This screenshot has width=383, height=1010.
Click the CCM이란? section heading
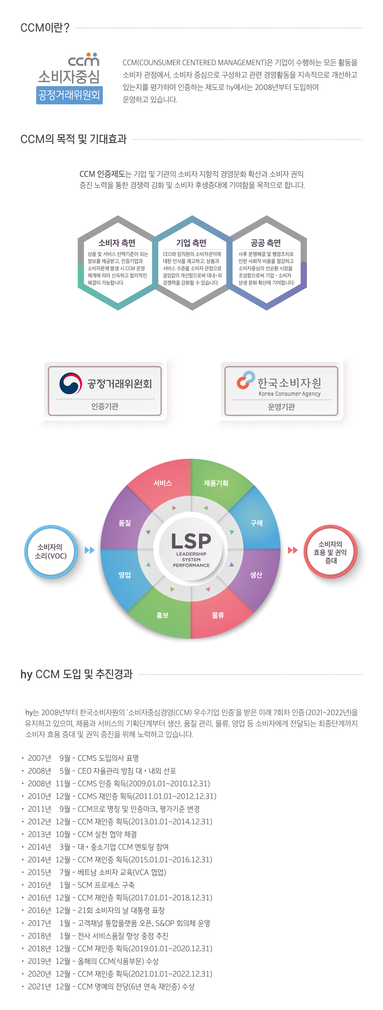[x=45, y=28]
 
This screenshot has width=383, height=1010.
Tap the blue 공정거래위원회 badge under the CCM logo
[x=70, y=95]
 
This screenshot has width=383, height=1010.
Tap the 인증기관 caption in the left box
[x=105, y=406]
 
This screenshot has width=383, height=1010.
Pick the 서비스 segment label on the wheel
[x=162, y=483]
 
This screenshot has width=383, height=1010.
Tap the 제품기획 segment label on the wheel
[x=216, y=483]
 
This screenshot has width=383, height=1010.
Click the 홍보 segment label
[x=162, y=615]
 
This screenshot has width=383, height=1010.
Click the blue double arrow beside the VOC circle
[x=90, y=550]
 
